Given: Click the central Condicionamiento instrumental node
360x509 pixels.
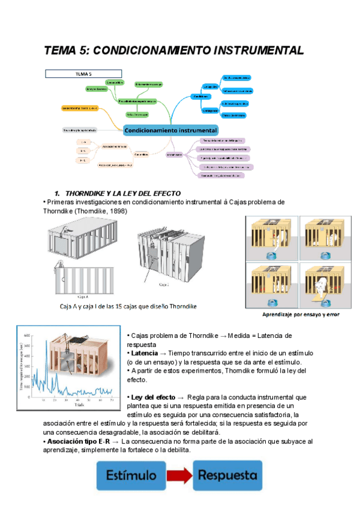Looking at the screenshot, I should (x=171, y=130).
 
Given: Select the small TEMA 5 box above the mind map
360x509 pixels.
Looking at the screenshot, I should (x=83, y=74).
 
